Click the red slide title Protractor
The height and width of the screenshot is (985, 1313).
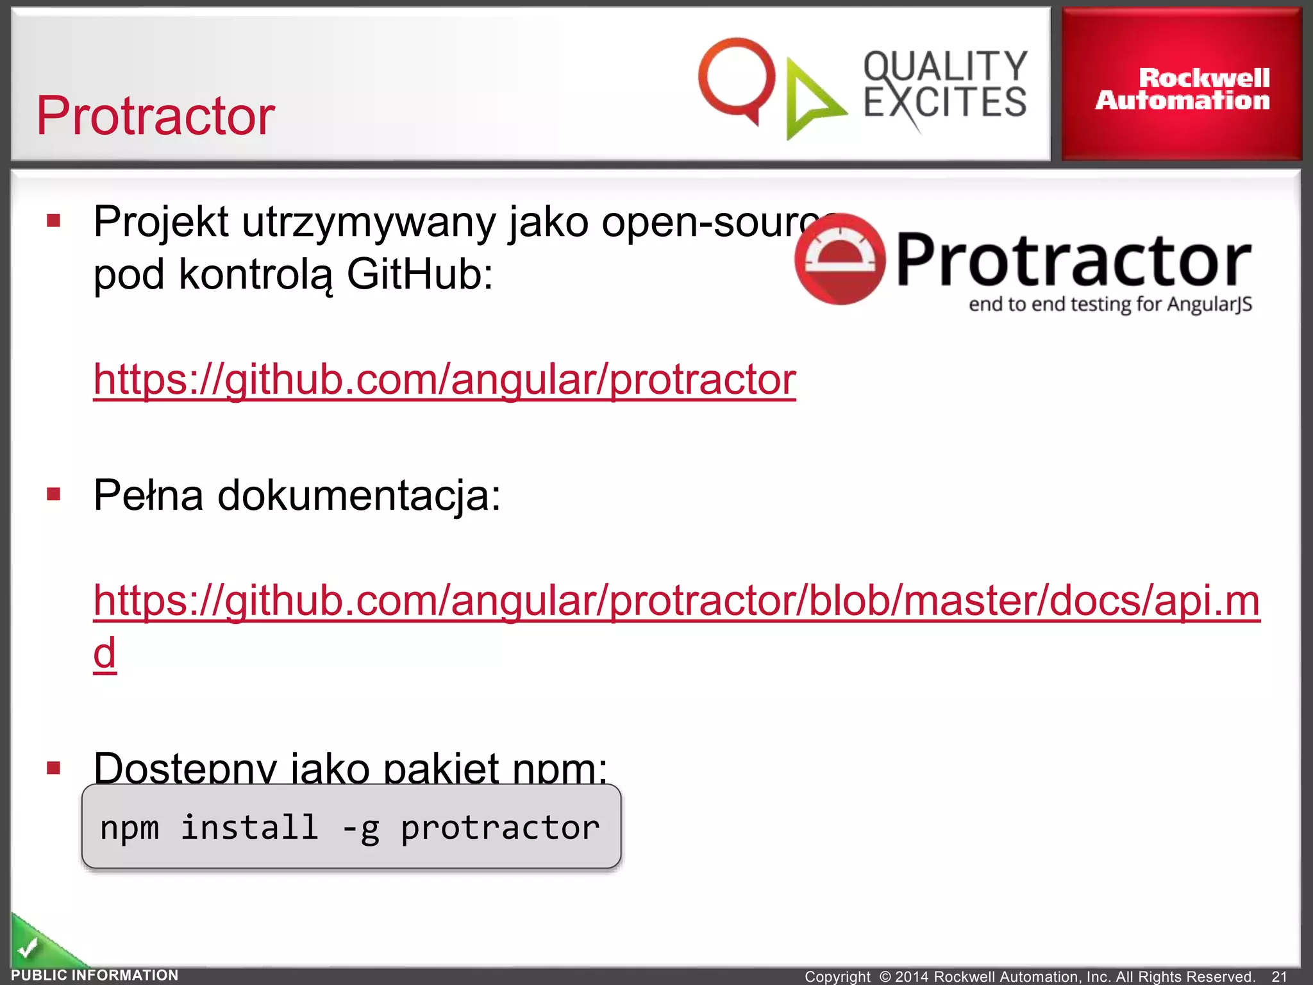click(155, 116)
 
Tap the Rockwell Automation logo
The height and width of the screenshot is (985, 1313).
click(1182, 89)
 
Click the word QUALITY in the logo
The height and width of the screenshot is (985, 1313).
click(945, 66)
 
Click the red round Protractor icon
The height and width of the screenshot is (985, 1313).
click(840, 259)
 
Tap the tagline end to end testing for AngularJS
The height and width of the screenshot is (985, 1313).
click(1110, 304)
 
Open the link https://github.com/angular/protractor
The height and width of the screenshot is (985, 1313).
click(444, 379)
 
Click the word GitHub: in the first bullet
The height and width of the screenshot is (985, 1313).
click(420, 274)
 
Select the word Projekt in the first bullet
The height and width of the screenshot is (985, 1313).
click(161, 222)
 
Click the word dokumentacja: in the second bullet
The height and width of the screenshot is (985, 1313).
click(359, 495)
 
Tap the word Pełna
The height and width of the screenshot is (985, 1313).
click(148, 495)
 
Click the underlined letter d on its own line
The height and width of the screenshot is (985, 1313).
click(105, 653)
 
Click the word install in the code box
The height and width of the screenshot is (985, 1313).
click(249, 827)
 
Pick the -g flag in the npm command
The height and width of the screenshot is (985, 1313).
click(361, 828)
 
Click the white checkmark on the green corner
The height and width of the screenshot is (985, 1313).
click(28, 947)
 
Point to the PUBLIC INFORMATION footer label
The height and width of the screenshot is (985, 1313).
click(95, 975)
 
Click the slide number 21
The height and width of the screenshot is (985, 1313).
click(1279, 976)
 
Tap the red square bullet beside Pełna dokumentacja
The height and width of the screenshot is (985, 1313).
click(54, 494)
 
